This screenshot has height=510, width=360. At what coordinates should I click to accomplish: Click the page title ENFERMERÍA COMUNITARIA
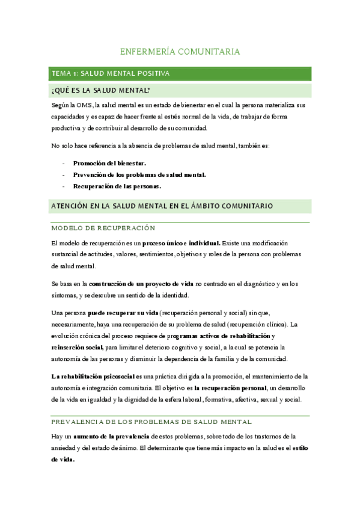pos(180,52)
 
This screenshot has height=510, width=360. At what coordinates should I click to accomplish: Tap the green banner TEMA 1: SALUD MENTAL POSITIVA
pos(111,73)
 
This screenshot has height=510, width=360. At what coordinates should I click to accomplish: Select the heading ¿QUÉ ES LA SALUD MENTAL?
pos(101,91)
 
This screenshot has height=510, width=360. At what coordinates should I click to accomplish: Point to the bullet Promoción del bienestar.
pos(109,163)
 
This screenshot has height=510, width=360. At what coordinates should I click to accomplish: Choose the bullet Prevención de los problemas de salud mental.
pos(139,174)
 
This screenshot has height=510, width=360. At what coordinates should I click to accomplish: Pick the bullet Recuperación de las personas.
pos(117,186)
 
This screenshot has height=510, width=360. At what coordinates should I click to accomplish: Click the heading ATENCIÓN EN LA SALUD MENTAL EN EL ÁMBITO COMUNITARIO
pos(162,206)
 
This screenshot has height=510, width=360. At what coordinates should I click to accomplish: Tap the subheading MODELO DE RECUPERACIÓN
pos(103,229)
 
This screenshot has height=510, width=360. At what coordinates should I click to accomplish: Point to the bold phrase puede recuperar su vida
pos(123,313)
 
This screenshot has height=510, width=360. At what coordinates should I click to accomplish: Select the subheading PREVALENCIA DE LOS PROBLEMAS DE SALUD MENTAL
pos(151,422)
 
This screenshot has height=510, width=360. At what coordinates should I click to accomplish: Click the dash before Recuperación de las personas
pos(64,186)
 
